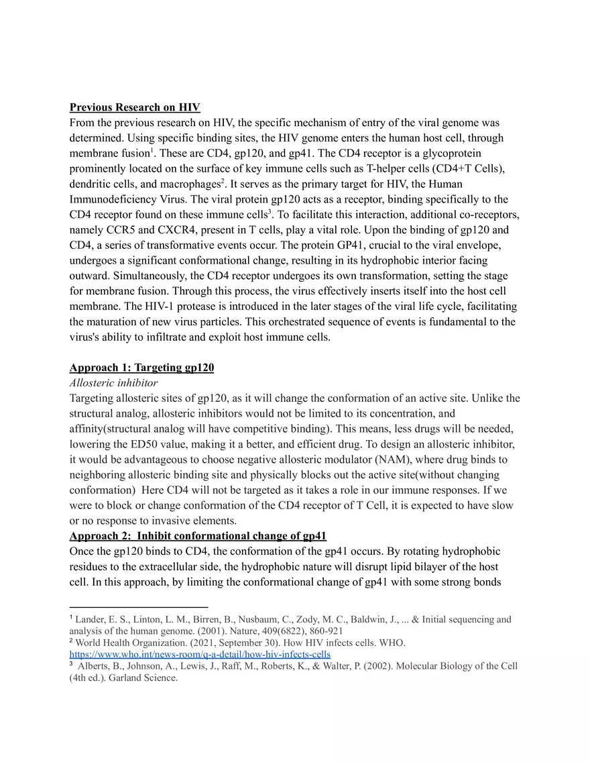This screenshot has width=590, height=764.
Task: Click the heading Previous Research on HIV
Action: [135, 107]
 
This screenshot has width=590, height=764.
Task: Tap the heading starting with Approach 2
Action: [198, 536]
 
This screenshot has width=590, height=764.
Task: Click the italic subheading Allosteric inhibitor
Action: [113, 383]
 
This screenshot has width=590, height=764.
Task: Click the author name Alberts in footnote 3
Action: [94, 666]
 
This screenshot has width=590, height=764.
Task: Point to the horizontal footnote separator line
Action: [139, 607]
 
